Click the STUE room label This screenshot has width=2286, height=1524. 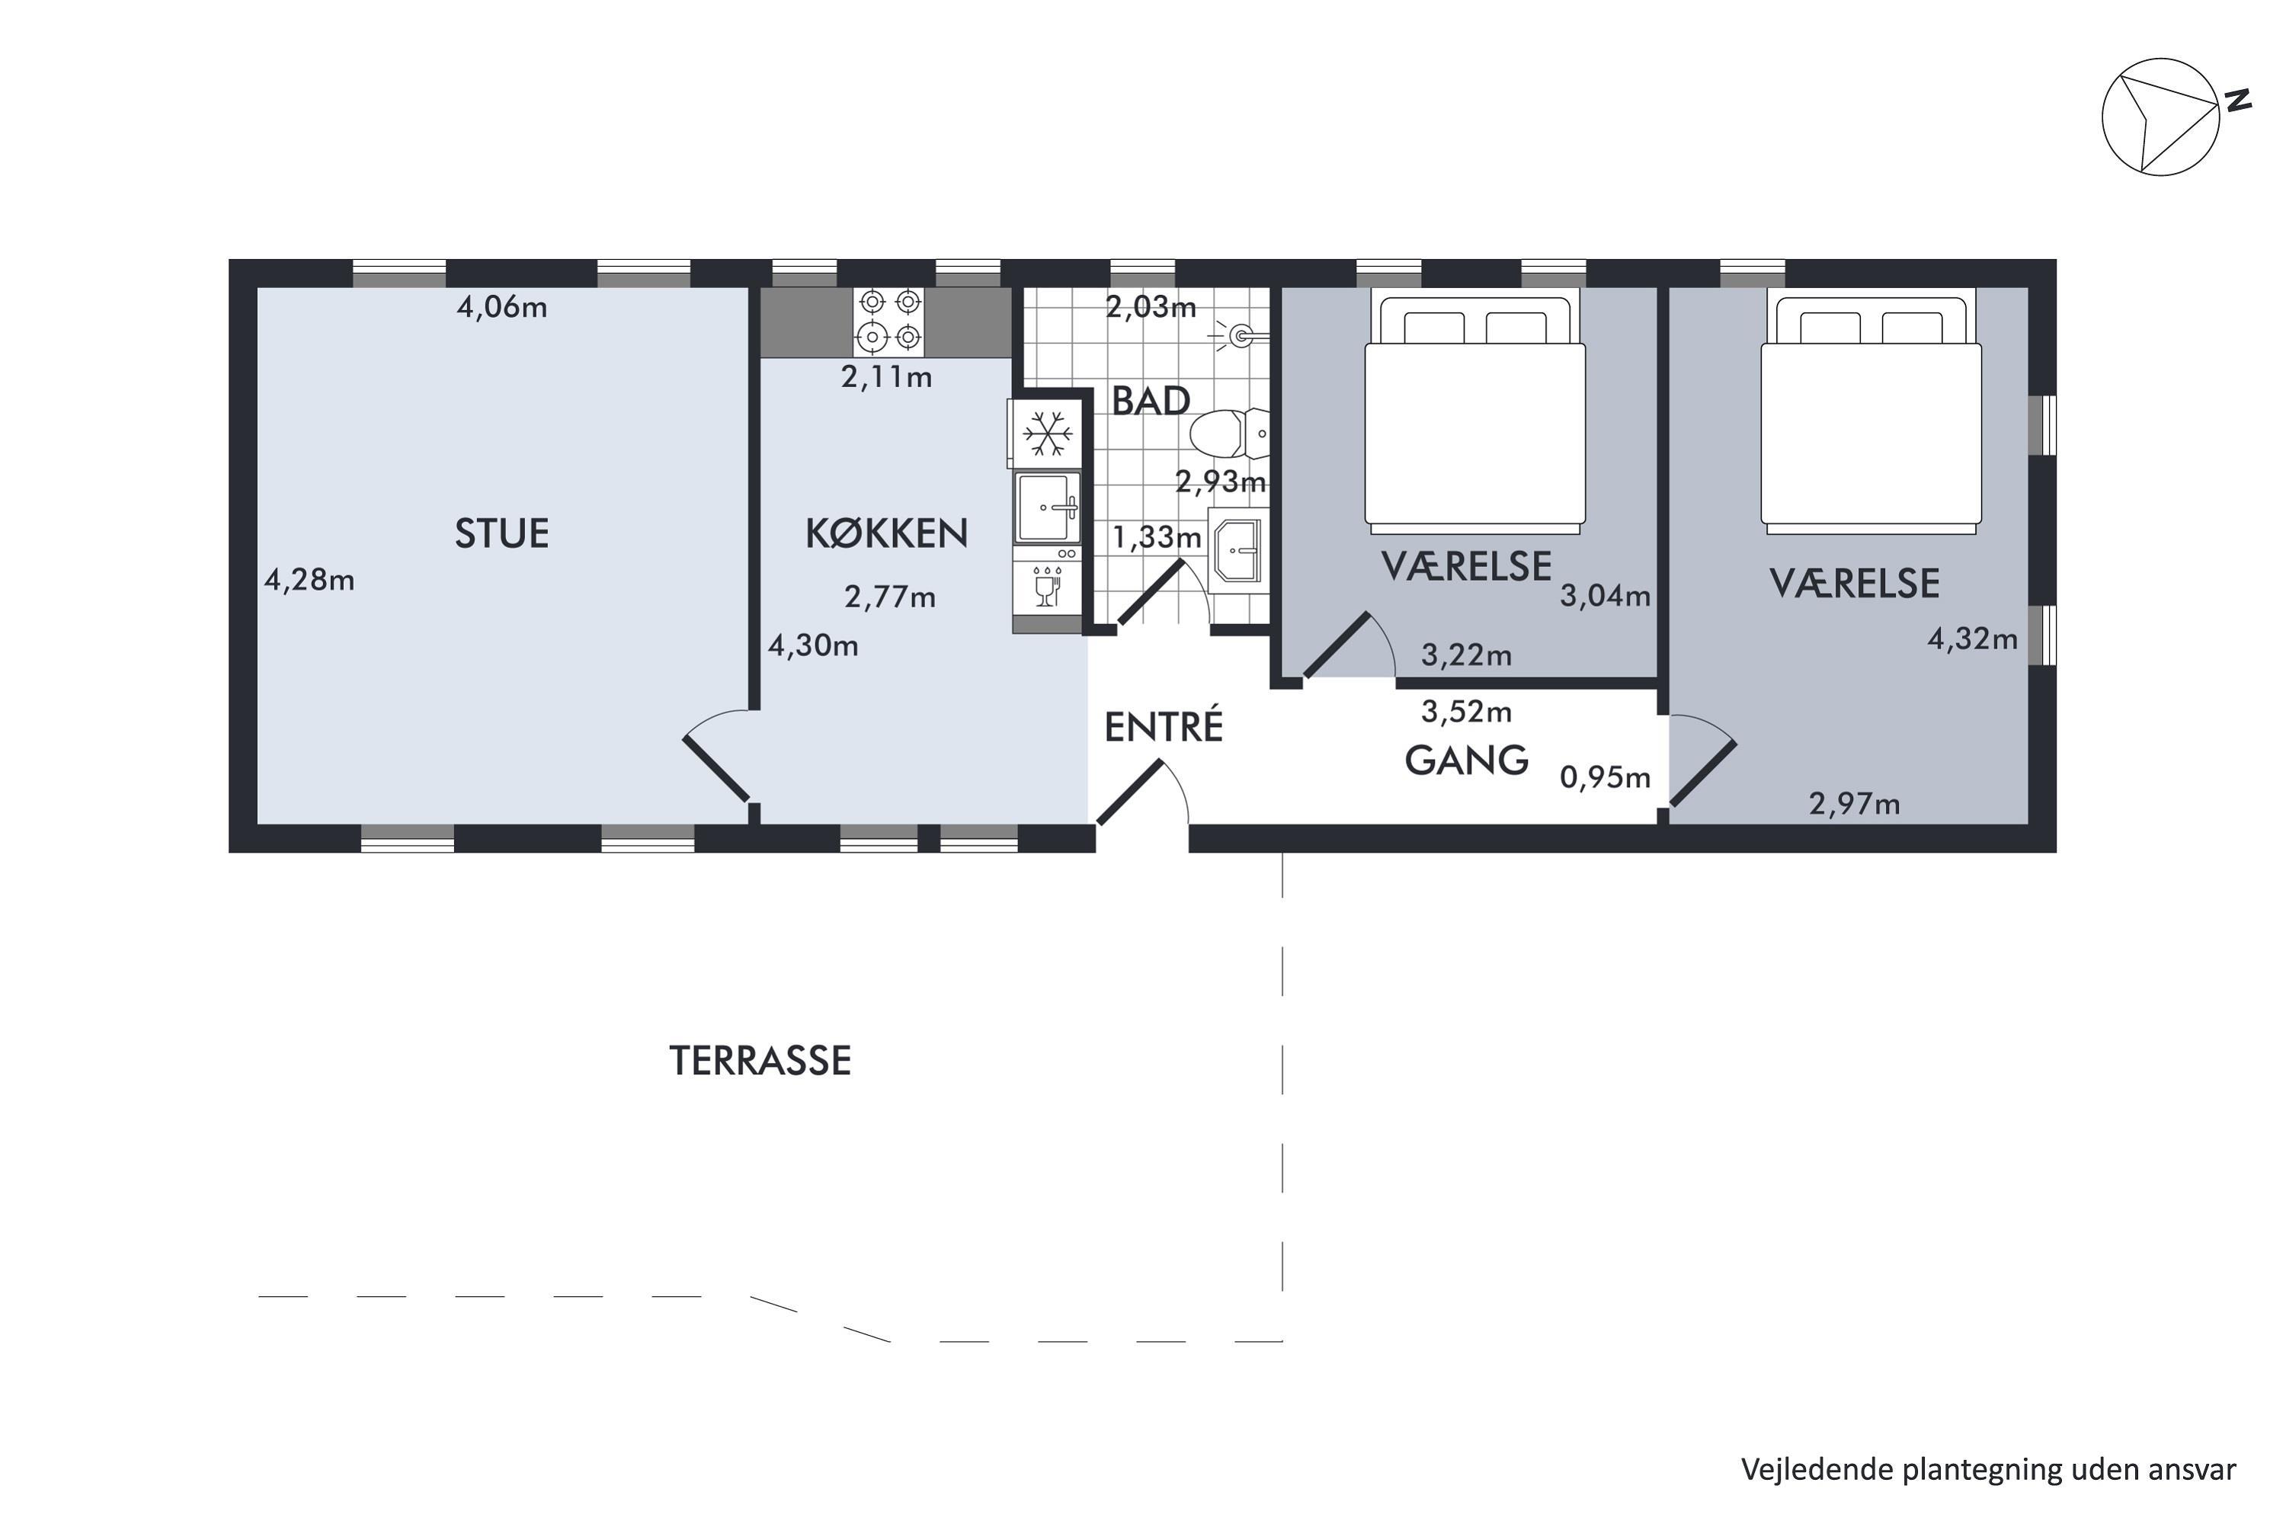501,533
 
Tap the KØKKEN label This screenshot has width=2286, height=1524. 886,533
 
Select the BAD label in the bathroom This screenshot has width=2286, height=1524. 1151,402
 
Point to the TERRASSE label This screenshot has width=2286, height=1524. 760,1061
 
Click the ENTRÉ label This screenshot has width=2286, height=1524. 1164,726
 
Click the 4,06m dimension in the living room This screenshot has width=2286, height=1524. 501,308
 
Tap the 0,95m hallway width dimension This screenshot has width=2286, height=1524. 1605,777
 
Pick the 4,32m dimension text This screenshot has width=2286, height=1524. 1972,639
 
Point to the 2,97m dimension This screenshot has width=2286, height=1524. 1855,804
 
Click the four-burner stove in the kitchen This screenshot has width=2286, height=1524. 889,321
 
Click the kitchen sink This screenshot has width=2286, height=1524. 1048,507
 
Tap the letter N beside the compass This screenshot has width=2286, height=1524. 2240,100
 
